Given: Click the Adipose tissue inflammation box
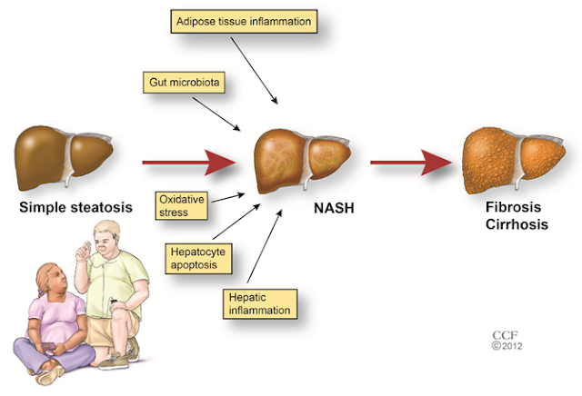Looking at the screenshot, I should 243,21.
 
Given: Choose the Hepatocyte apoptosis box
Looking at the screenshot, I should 198,255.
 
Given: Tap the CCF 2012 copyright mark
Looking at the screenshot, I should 505,340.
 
